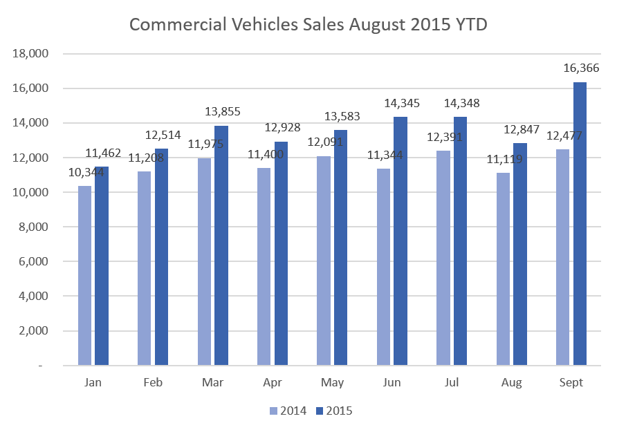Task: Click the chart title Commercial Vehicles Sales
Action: (x=308, y=25)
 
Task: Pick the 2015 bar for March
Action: (x=221, y=245)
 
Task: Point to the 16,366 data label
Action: (x=581, y=68)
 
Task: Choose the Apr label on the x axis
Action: (x=272, y=382)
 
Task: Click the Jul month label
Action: (x=452, y=382)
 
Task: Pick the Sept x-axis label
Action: (x=571, y=382)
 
